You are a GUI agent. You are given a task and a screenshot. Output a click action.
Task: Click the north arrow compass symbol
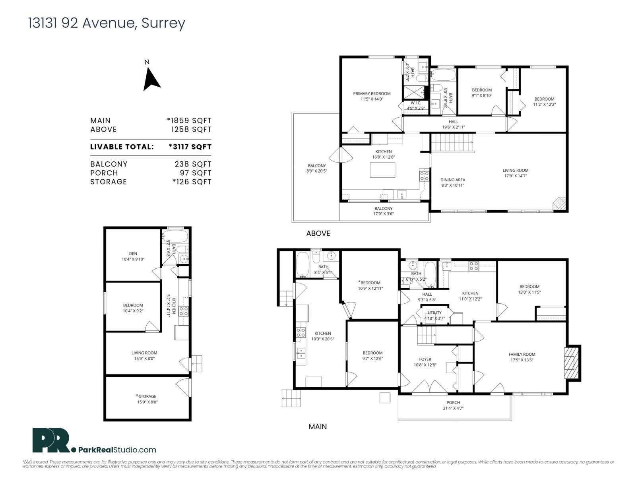(151, 79)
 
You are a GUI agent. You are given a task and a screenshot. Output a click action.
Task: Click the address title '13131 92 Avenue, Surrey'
(107, 23)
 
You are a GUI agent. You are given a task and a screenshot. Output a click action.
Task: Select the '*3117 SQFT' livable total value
(190, 147)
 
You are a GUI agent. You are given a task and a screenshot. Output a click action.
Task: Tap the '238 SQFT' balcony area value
(193, 164)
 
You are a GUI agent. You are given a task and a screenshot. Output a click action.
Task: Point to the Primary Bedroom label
(372, 96)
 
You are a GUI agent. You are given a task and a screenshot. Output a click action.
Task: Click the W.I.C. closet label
(416, 105)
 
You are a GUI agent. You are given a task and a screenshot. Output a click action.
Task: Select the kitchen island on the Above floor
(382, 170)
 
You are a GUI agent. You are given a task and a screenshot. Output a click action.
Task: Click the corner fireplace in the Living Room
(558, 203)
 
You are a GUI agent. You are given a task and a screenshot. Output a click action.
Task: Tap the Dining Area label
(452, 182)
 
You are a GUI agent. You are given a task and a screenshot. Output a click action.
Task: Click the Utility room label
(434, 315)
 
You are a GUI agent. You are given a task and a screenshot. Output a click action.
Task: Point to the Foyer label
(425, 362)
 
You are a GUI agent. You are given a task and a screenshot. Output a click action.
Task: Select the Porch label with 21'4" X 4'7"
(453, 405)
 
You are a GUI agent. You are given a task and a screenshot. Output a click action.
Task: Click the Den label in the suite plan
(133, 256)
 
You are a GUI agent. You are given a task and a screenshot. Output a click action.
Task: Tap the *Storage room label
(147, 399)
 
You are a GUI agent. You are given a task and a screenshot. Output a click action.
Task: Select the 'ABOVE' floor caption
(318, 233)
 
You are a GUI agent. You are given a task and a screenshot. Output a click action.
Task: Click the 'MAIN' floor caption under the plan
(318, 427)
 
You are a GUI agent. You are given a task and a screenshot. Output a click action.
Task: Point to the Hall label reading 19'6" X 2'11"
(453, 124)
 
